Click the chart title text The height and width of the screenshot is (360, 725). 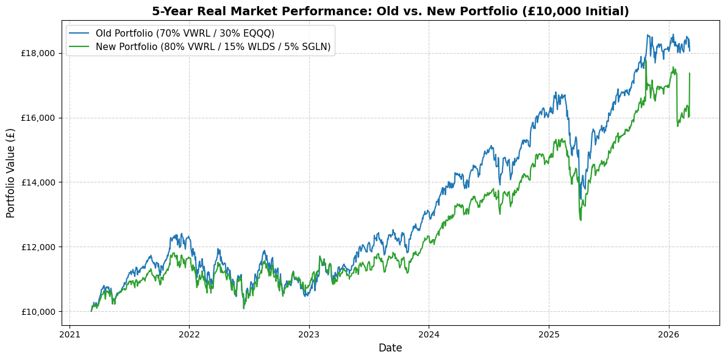tap(390, 11)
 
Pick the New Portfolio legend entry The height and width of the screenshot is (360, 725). tap(213, 47)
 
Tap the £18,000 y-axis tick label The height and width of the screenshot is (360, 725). tap(38, 53)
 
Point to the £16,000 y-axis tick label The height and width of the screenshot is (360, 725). tap(38, 118)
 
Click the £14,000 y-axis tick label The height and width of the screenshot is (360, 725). tap(38, 182)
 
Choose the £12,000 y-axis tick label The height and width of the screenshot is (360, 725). tap(38, 247)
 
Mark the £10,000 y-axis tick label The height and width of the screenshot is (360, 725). tap(38, 312)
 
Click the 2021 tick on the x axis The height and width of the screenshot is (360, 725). tap(70, 334)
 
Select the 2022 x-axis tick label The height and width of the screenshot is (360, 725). tap(189, 334)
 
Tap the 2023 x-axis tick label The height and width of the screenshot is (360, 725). tap(309, 334)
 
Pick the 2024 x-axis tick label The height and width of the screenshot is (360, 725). tap(429, 334)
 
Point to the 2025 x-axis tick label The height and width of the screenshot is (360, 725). tap(549, 334)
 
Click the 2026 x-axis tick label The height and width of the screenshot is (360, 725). tap(669, 334)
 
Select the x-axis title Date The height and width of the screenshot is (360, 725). tap(390, 348)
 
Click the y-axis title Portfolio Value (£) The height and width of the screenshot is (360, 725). tap(11, 173)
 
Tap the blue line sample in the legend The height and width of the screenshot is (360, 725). tap(79, 33)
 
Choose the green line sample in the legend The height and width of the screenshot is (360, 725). tap(79, 47)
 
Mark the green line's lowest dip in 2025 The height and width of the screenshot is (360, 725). tap(580, 220)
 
